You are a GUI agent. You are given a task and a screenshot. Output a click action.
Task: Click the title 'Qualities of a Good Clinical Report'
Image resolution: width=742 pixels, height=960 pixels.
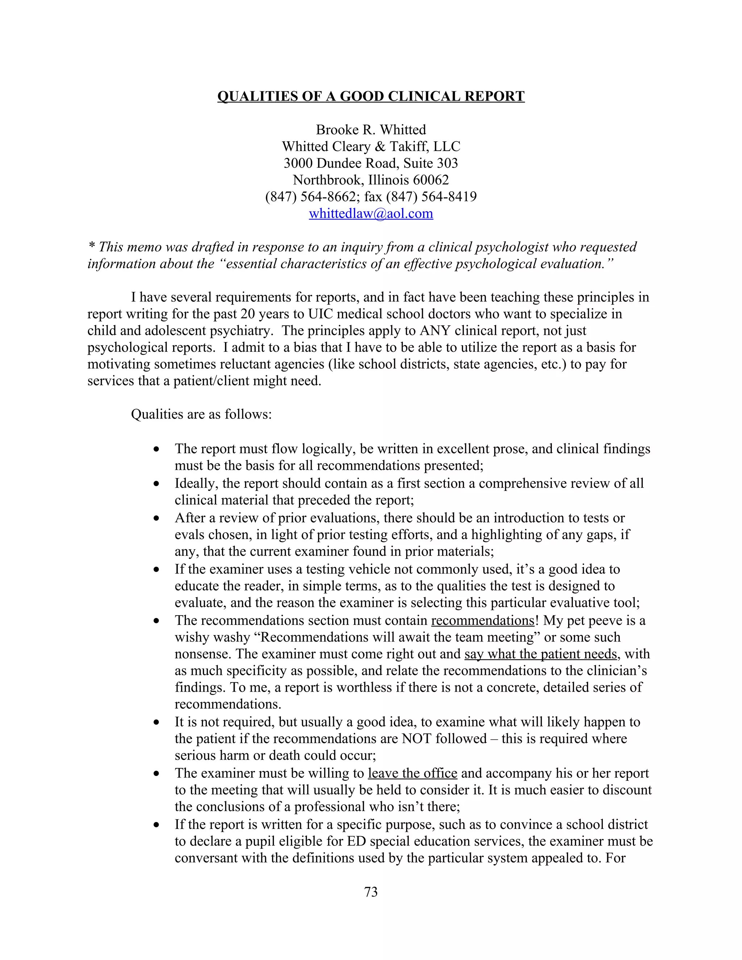(x=371, y=96)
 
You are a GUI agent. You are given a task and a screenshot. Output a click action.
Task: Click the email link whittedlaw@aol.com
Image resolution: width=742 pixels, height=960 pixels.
(x=371, y=214)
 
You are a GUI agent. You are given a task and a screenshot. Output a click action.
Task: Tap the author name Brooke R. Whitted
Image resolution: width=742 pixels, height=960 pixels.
(x=371, y=130)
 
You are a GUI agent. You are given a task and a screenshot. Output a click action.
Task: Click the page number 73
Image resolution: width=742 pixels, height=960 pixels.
(x=371, y=892)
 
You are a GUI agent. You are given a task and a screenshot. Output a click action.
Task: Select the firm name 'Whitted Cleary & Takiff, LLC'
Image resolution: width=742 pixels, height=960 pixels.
(x=371, y=146)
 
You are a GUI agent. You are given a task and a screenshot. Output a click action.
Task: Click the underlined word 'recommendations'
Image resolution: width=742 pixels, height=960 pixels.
(x=482, y=620)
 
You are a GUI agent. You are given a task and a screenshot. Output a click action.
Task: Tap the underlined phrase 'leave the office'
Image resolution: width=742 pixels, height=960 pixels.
(x=412, y=773)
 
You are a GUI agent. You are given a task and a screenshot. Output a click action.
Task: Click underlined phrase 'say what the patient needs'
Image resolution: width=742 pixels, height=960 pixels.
(x=541, y=654)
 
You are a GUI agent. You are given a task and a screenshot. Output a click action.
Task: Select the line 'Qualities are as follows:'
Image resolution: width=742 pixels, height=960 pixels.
(x=201, y=414)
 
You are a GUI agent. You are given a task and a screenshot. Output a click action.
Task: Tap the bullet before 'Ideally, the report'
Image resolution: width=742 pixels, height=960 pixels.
(x=156, y=484)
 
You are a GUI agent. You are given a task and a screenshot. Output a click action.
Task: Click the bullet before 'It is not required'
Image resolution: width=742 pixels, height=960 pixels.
(x=156, y=722)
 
